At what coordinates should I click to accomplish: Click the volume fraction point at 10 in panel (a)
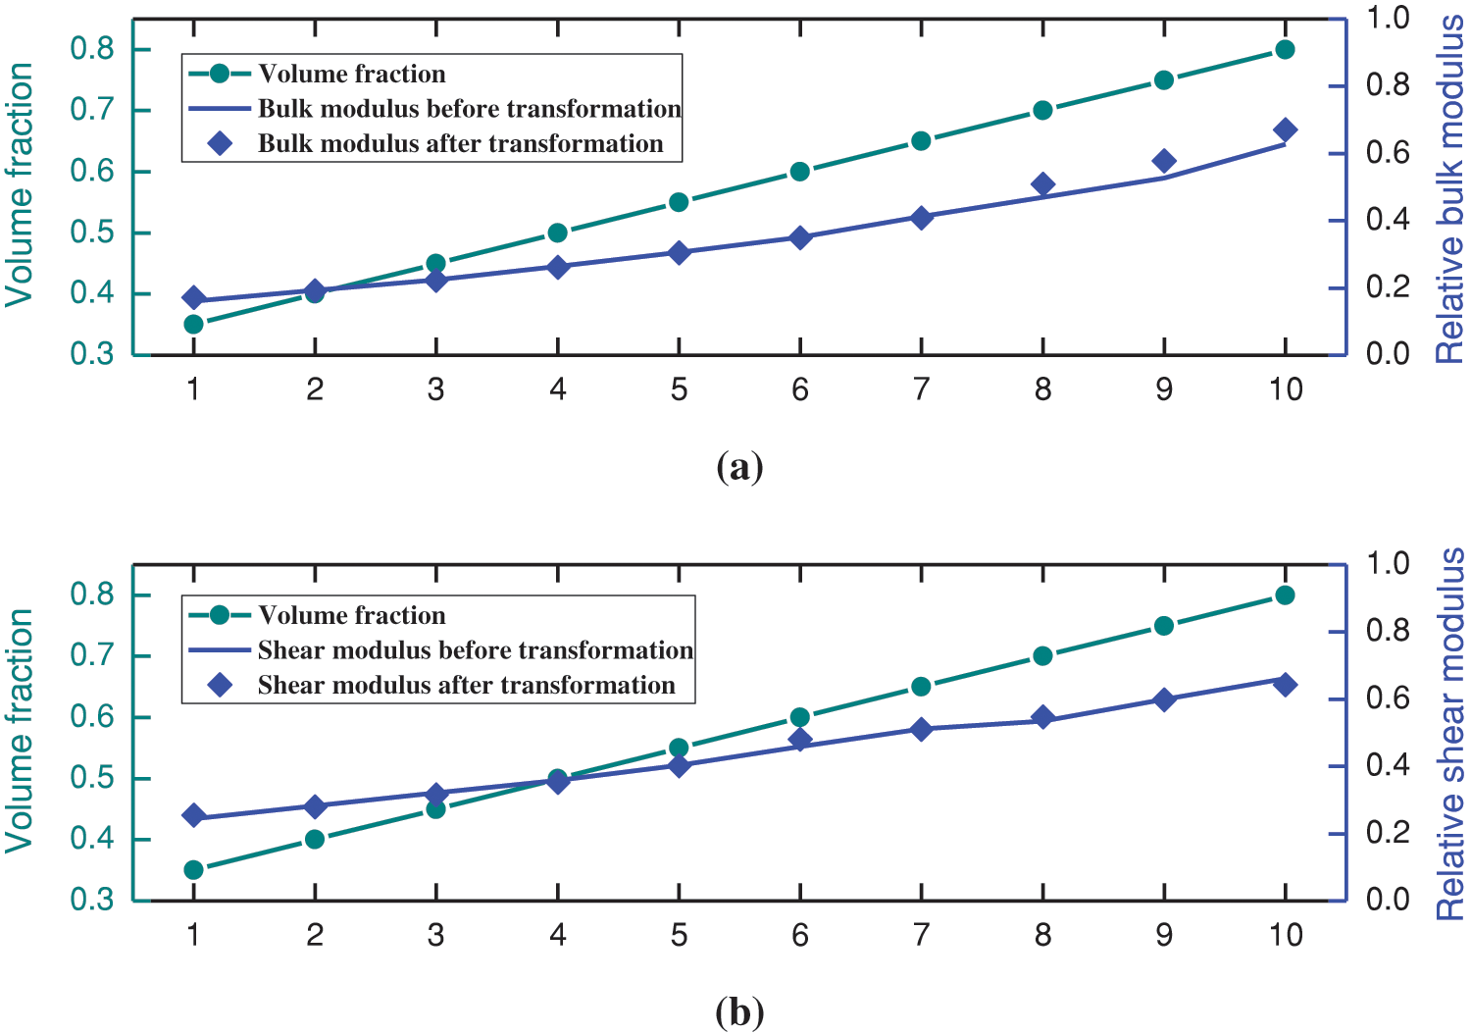tap(1285, 50)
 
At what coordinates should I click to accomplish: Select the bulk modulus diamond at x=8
tap(1042, 184)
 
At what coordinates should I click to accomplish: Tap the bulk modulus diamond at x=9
tap(1164, 161)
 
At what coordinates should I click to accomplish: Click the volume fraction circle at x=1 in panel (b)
tap(193, 869)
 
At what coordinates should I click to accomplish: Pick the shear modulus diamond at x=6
tap(800, 740)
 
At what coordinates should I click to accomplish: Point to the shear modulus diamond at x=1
tap(193, 815)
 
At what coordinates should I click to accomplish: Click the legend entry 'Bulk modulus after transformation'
tap(460, 144)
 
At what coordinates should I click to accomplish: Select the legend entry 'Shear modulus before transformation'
tap(475, 650)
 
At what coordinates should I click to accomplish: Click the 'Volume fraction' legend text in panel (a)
tap(351, 75)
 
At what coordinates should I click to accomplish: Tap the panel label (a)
tap(739, 467)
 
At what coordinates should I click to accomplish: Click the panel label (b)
tap(739, 1011)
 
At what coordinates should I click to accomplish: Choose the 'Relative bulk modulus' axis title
tap(1449, 189)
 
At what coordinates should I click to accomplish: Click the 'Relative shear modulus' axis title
tap(1449, 734)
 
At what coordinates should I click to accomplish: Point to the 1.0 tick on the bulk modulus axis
tap(1388, 18)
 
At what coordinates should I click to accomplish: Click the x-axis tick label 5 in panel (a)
tap(679, 390)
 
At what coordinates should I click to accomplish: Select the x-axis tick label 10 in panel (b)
tap(1285, 936)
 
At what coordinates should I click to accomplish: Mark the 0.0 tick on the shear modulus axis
tap(1388, 900)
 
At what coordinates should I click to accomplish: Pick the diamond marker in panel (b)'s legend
tap(221, 685)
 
